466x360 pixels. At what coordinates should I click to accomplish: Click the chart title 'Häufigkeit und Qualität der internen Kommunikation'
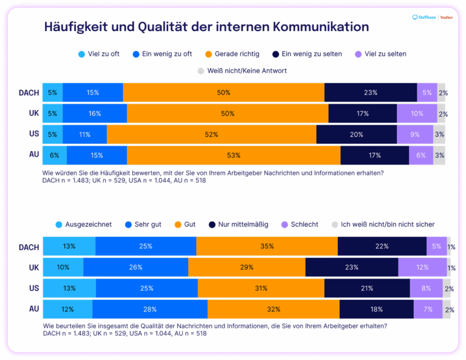(206, 27)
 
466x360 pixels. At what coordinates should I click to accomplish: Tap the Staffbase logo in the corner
(424, 18)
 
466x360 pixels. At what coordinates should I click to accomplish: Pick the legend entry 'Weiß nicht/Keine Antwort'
(242, 71)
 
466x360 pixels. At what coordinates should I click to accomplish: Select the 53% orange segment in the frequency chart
(234, 155)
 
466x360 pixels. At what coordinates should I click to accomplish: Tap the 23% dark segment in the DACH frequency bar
(370, 93)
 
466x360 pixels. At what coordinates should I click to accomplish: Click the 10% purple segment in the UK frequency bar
(417, 114)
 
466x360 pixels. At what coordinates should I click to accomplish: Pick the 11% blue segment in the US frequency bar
(84, 134)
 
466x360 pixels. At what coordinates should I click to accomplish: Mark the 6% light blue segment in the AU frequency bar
(55, 155)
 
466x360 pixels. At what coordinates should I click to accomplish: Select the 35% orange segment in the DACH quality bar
(267, 246)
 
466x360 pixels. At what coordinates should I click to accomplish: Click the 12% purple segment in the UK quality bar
(422, 267)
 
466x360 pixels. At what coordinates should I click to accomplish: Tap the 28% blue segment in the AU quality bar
(150, 309)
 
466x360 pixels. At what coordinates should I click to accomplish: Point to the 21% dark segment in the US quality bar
(367, 288)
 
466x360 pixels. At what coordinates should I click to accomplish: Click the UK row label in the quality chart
(33, 267)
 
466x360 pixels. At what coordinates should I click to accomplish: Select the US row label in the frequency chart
(33, 134)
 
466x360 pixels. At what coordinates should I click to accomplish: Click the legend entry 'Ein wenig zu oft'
(161, 54)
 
